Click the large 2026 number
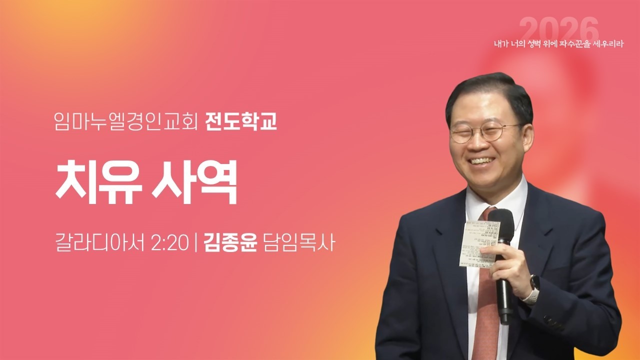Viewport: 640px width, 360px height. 558,29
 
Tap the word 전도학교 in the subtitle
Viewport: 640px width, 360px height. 241,122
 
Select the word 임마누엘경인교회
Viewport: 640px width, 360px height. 127,122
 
